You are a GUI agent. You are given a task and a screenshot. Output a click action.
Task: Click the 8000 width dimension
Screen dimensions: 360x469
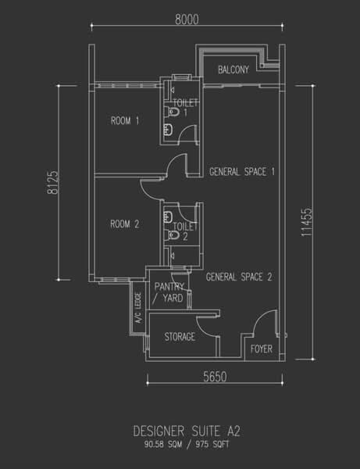[x=187, y=20]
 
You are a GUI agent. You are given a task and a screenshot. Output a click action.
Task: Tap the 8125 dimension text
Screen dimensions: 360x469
[x=53, y=182]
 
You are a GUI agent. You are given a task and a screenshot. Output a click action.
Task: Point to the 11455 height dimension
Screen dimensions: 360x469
[x=307, y=222]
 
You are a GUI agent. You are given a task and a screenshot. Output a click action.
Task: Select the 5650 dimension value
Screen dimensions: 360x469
[x=215, y=377]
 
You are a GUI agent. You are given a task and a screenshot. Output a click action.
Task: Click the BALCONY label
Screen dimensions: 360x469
[x=233, y=70]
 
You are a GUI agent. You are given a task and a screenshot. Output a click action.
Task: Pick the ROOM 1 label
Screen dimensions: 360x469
[x=125, y=121]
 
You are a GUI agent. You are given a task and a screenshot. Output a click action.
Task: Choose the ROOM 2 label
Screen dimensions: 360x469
[x=125, y=224]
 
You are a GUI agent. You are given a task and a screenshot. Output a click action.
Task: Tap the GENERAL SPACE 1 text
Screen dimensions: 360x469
[x=242, y=172]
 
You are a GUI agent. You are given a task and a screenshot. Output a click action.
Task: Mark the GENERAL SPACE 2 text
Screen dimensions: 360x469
[x=239, y=277]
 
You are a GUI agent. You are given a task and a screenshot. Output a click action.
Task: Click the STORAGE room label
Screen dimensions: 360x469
[x=180, y=337]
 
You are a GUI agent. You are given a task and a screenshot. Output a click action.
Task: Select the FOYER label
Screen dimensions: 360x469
[x=262, y=349]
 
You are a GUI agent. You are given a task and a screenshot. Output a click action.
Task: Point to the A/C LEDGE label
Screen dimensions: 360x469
[x=138, y=308]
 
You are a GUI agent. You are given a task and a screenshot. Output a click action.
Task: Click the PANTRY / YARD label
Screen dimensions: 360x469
[x=169, y=292]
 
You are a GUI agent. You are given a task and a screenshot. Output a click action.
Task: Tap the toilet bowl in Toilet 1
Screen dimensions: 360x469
[x=173, y=112]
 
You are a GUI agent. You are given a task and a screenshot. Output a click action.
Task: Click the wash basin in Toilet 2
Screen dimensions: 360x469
[x=168, y=217]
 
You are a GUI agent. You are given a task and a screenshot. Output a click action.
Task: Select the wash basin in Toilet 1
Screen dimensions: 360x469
[x=168, y=130]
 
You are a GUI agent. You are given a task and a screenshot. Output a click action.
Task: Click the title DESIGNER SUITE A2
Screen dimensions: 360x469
[x=187, y=431]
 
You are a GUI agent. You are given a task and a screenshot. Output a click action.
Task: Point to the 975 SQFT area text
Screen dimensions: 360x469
[x=212, y=444]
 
